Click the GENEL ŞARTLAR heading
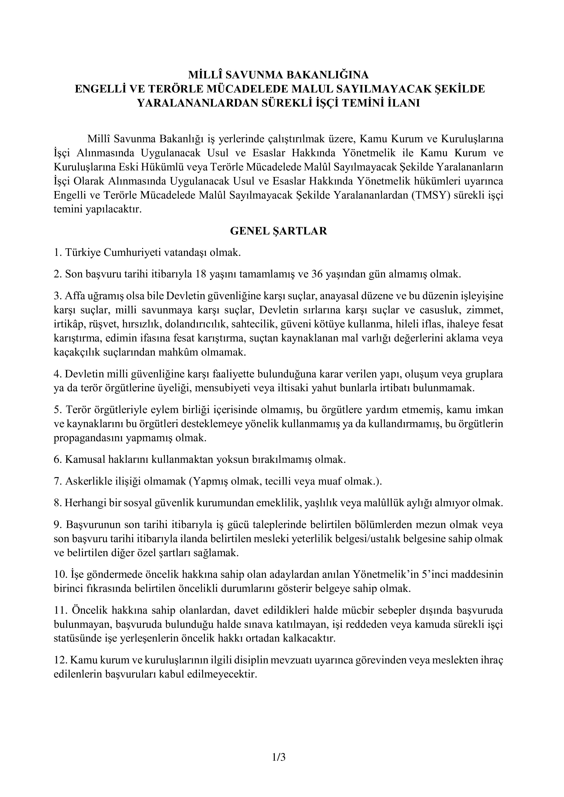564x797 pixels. click(x=278, y=231)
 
